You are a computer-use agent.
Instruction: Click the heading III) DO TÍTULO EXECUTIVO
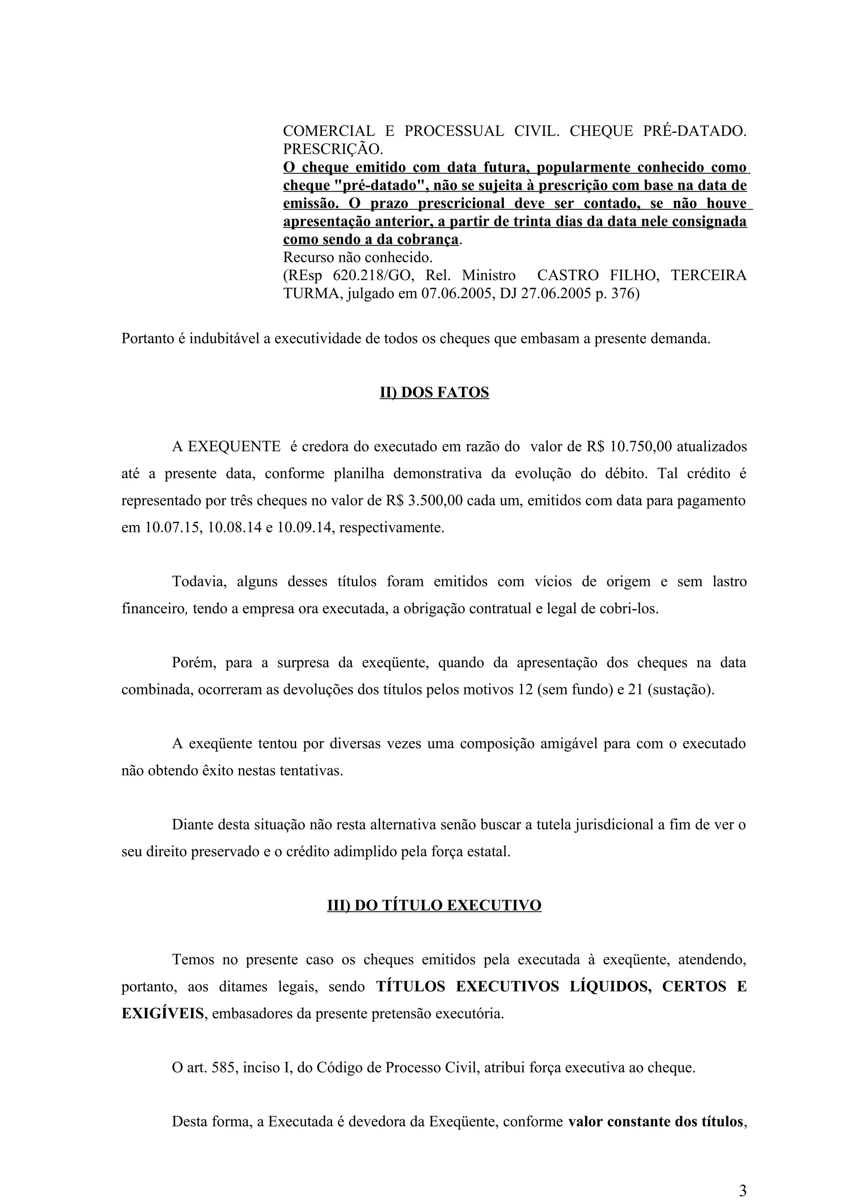[434, 905]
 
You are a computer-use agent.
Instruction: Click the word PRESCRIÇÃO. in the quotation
[333, 149]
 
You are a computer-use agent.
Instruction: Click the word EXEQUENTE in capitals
[234, 447]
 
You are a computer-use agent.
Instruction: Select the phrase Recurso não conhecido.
[358, 258]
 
